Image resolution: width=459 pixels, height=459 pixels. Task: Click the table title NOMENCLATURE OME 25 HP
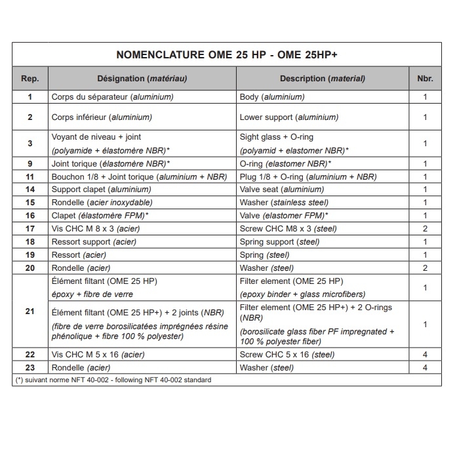pyautogui.click(x=227, y=55)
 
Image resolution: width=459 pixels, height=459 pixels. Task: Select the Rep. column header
pyautogui.click(x=30, y=79)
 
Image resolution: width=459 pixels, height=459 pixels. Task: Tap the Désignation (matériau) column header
pyautogui.click(x=142, y=79)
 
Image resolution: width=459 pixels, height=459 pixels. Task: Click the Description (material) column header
pyautogui.click(x=322, y=79)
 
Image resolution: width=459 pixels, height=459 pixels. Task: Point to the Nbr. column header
pyautogui.click(x=425, y=79)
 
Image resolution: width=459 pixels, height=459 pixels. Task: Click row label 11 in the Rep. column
pyautogui.click(x=30, y=176)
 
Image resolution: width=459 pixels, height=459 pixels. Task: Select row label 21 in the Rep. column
pyautogui.click(x=30, y=311)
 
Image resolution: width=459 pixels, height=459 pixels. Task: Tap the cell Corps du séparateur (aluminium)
pyautogui.click(x=112, y=97)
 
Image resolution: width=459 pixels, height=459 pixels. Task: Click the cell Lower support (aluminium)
pyautogui.click(x=289, y=117)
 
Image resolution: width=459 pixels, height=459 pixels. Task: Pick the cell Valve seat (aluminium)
pyautogui.click(x=282, y=190)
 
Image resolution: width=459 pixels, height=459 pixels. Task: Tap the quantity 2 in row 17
pyautogui.click(x=425, y=229)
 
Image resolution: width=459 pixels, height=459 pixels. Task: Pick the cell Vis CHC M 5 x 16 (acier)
pyautogui.click(x=98, y=355)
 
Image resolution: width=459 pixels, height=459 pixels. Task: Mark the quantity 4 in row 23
pyautogui.click(x=425, y=368)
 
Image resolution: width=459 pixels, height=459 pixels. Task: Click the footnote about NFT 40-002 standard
pyautogui.click(x=113, y=380)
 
